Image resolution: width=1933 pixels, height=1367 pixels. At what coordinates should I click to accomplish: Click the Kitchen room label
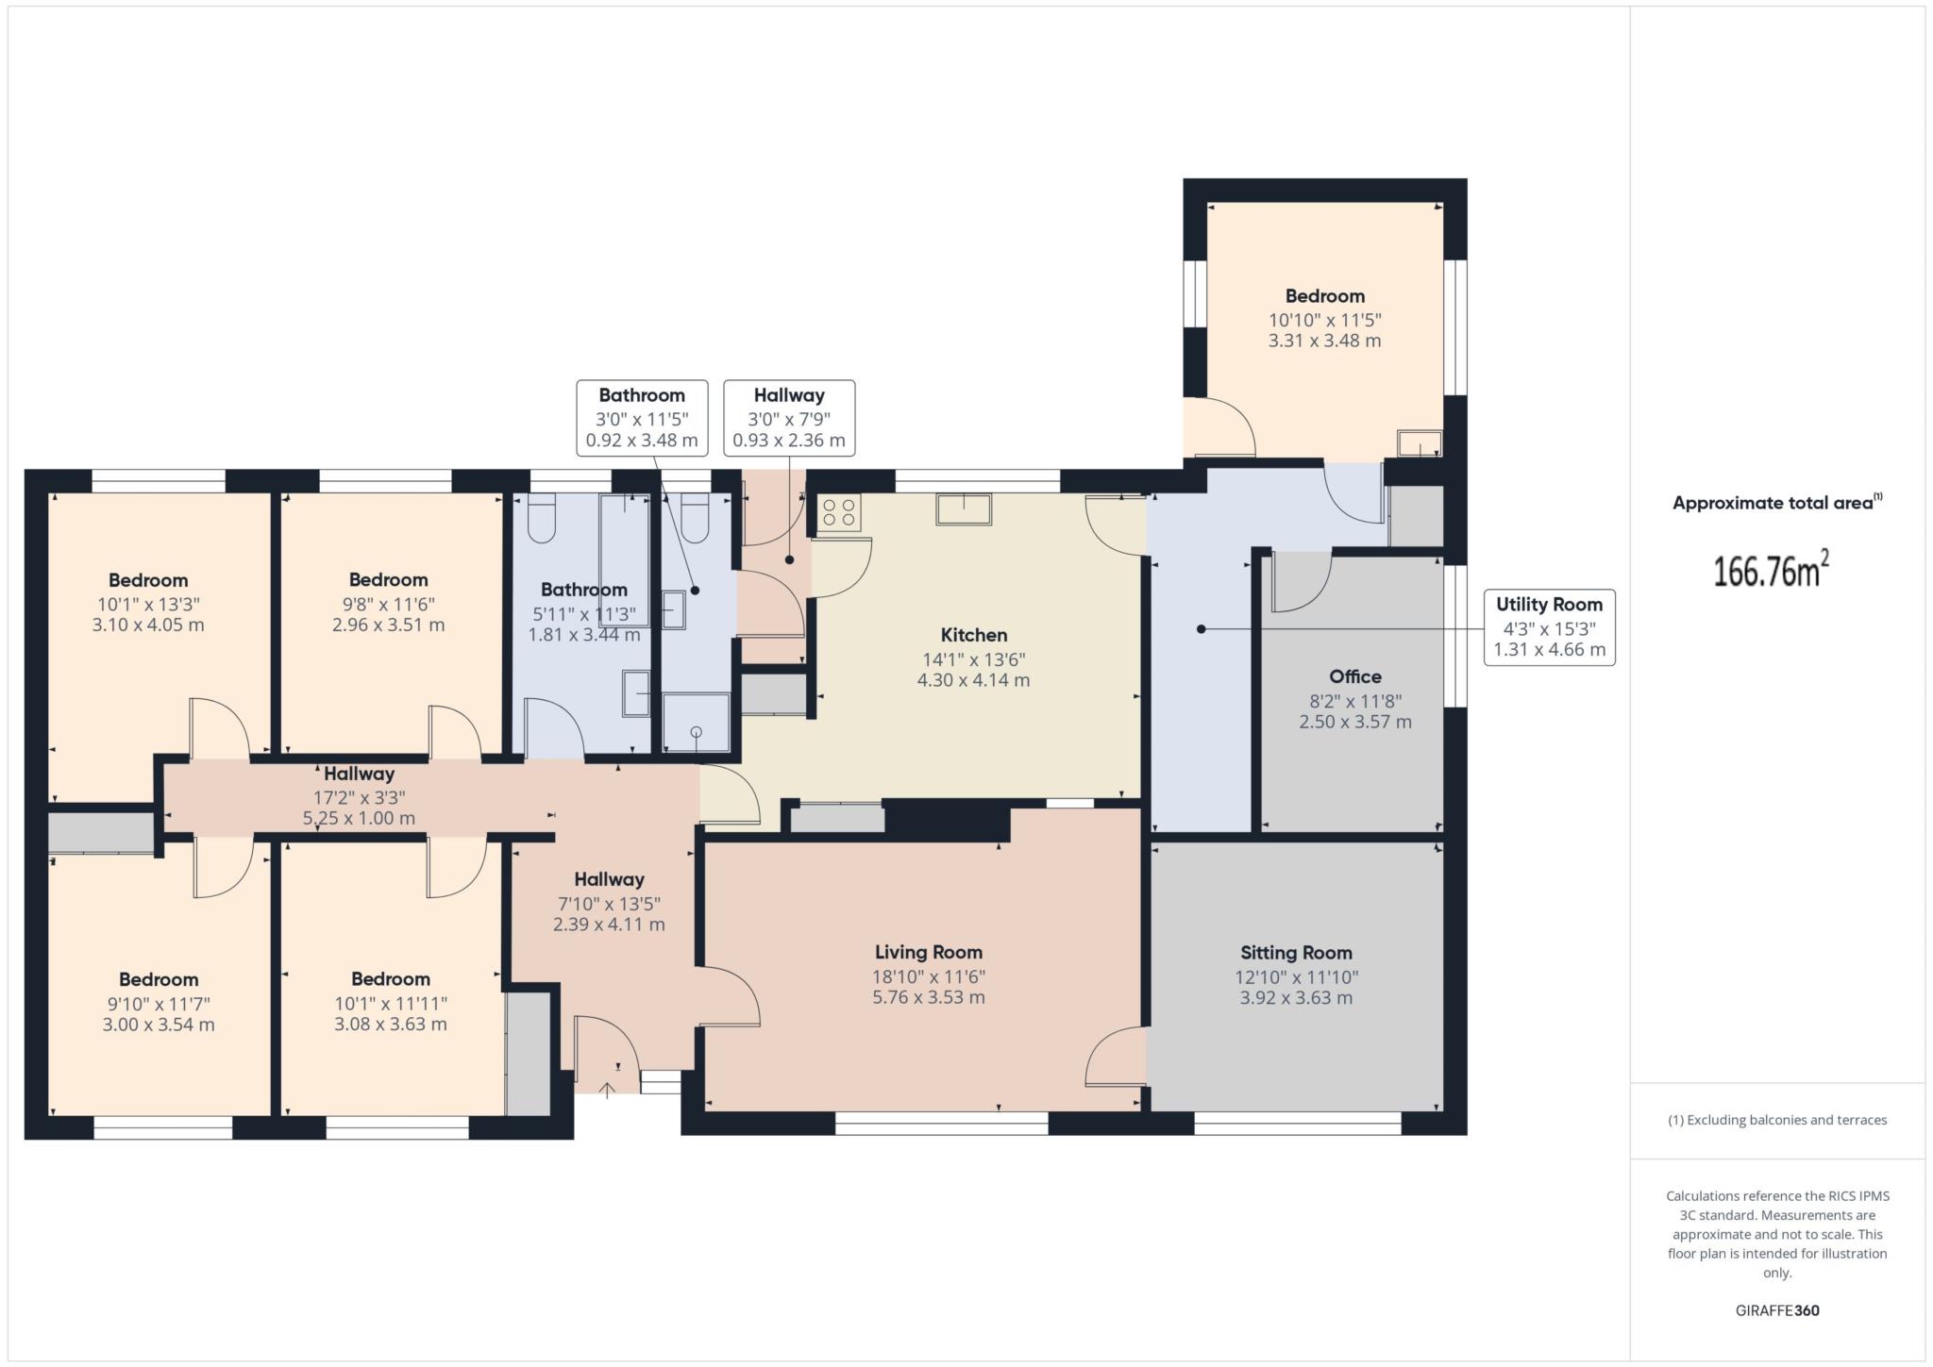pos(974,635)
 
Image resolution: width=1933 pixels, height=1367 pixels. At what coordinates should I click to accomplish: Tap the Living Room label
pos(929,952)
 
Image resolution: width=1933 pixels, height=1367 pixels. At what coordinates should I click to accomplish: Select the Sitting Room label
pos(1296,953)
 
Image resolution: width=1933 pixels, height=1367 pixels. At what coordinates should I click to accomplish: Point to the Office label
pos(1355,676)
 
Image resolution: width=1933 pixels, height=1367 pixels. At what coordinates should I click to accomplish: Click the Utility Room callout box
pos(1549,627)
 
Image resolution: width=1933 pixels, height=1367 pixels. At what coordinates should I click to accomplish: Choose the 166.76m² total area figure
pos(1771,571)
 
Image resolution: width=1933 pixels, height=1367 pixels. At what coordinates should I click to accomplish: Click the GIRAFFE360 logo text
pos(1777,1310)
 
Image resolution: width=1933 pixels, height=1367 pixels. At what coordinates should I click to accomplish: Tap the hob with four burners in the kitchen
pos(839,513)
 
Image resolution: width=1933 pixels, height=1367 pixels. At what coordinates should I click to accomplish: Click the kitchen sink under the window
pos(964,509)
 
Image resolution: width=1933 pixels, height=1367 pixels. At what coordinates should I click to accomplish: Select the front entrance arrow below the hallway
pos(607,1090)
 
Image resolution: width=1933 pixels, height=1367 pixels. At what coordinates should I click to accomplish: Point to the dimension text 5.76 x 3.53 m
pos(929,998)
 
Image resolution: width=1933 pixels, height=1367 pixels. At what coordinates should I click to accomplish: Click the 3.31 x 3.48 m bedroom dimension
pos(1324,341)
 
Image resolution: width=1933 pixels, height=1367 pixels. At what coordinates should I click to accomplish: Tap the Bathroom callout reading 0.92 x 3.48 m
pos(642,418)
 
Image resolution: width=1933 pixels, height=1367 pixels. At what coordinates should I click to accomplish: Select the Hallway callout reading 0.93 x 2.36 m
pos(789,418)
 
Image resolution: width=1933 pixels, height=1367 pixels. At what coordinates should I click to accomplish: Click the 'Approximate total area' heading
pos(1773,504)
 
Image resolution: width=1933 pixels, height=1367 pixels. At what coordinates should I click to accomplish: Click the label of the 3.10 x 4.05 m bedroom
pos(148,580)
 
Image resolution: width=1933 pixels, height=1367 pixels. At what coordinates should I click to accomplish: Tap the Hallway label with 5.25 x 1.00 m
pos(359,774)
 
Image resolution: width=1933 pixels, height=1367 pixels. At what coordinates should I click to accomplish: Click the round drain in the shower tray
pos(697,732)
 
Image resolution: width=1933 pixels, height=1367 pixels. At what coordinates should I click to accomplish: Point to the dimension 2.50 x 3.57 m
pos(1355,723)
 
